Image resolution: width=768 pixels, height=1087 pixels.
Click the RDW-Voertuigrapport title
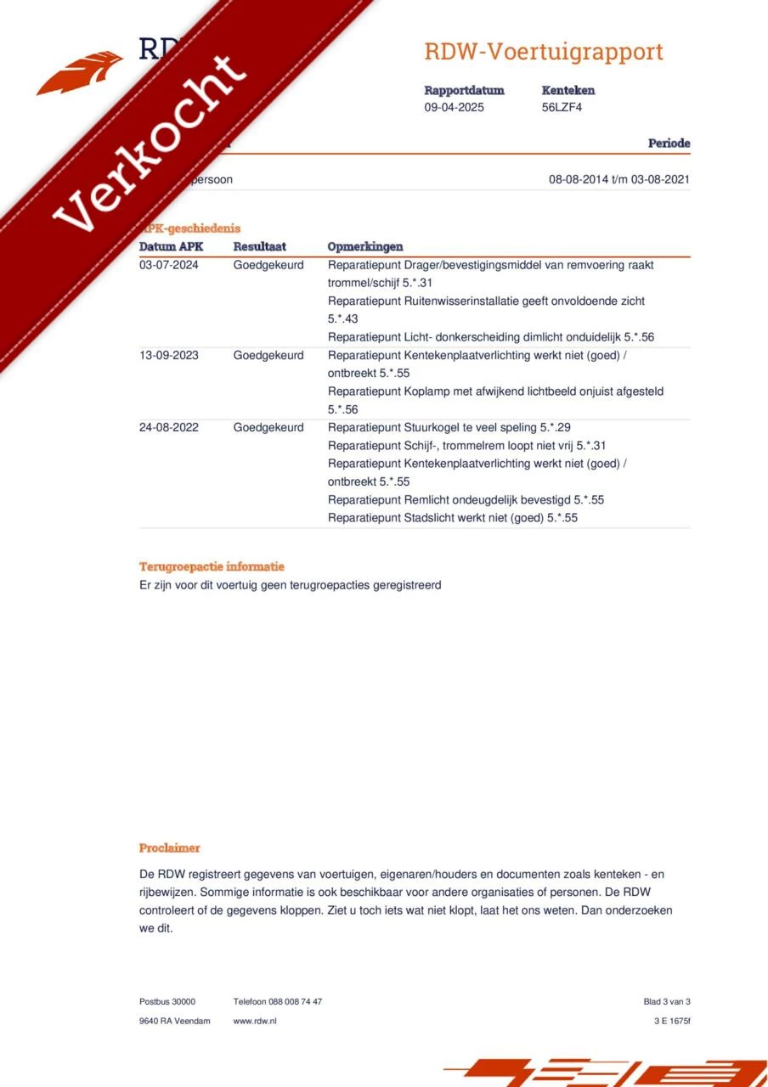[544, 52]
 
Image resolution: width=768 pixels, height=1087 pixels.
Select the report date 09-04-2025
[455, 107]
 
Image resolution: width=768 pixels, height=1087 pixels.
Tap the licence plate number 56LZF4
[562, 107]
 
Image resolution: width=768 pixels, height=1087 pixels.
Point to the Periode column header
[669, 144]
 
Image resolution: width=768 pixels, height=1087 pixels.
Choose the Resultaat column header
[259, 246]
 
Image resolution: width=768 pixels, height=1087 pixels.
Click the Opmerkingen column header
[365, 246]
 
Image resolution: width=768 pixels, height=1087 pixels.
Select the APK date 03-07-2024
[168, 265]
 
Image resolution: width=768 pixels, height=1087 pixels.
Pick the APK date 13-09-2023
[168, 355]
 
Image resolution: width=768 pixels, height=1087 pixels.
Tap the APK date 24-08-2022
[168, 427]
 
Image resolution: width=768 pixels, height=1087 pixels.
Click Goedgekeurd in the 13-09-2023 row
[268, 355]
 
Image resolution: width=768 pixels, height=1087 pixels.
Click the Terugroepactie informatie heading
[212, 566]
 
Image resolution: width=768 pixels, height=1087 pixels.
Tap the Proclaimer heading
[170, 848]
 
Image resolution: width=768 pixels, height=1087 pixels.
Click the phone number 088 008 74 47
[296, 1002]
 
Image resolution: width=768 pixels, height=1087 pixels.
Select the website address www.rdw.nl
[255, 1021]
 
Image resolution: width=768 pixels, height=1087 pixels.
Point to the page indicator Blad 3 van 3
[667, 1002]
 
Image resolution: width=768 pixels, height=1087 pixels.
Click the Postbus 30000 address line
[167, 1002]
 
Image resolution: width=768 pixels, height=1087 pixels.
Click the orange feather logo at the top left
[81, 72]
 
